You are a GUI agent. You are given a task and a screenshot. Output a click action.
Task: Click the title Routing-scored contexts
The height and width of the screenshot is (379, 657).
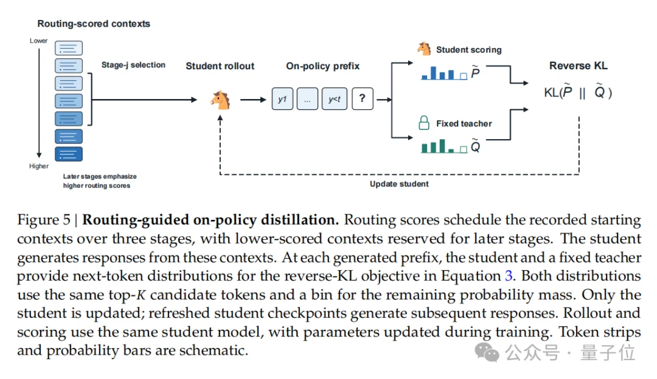[94, 24]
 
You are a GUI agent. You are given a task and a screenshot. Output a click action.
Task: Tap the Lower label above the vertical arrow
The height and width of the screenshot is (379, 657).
[38, 41]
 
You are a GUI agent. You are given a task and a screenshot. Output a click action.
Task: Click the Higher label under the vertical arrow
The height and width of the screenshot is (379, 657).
[39, 166]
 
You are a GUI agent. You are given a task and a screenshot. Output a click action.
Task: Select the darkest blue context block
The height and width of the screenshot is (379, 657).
[69, 154]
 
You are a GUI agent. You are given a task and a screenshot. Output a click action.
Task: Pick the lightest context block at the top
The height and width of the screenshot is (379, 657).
[69, 48]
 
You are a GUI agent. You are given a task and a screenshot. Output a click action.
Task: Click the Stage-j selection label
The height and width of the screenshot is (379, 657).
[133, 65]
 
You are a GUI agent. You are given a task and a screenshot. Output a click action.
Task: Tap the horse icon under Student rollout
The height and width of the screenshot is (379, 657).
[220, 100]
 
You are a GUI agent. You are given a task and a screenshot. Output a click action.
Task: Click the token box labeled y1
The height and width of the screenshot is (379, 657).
[282, 99]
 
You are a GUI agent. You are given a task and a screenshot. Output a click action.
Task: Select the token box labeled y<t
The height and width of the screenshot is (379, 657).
[335, 99]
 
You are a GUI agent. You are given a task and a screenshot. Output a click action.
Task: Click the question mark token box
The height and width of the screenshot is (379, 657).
[363, 99]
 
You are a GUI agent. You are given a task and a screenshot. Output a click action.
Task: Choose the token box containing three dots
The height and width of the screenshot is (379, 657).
[308, 99]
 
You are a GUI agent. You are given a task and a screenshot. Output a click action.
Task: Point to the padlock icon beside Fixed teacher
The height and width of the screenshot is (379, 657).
[424, 123]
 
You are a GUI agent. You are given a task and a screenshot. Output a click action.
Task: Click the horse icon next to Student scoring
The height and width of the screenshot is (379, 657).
[424, 49]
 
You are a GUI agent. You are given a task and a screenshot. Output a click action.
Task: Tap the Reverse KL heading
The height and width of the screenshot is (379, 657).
[579, 66]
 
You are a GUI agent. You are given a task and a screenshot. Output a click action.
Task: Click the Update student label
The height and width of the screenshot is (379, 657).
[399, 184]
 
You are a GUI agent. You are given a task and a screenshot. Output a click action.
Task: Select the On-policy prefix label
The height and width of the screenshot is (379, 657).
[322, 66]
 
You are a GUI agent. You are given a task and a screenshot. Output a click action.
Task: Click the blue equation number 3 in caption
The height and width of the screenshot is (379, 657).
[508, 276]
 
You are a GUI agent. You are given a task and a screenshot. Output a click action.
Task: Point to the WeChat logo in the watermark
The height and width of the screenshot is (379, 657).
[487, 352]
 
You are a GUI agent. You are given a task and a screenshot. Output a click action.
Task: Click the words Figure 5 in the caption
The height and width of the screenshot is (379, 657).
[44, 220]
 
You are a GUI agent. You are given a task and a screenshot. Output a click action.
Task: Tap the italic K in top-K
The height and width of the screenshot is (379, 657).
[141, 295]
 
